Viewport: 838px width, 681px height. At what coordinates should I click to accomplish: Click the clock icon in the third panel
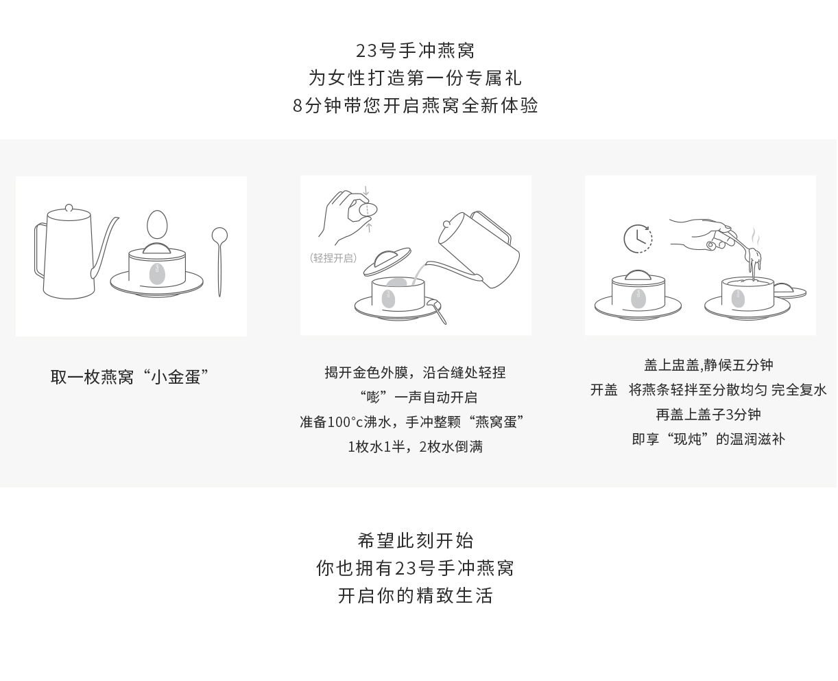coord(637,239)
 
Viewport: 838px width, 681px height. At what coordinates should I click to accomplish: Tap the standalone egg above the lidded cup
coord(157,224)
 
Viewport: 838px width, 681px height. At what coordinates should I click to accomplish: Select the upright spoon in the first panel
coord(219,262)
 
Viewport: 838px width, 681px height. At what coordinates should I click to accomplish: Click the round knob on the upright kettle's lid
coord(69,208)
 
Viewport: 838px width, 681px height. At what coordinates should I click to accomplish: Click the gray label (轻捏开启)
coord(333,258)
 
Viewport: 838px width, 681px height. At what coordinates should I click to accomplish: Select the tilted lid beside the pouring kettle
coord(387,261)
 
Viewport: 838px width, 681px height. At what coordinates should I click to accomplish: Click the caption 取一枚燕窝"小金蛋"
coord(130,377)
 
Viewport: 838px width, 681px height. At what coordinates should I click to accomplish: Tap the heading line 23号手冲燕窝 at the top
coord(416,50)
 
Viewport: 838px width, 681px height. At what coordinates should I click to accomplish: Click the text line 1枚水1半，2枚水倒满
coord(415,447)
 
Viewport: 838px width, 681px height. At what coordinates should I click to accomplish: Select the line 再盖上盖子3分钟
coord(708,415)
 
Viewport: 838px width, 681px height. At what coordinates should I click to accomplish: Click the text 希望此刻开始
coord(416,541)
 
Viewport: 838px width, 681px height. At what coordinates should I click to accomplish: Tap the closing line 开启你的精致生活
coord(416,595)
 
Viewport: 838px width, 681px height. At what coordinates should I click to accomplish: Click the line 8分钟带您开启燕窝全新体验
coord(416,105)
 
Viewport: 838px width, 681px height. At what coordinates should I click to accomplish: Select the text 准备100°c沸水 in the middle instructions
coord(346,422)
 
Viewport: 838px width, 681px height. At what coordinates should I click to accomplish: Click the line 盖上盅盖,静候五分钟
coord(708,365)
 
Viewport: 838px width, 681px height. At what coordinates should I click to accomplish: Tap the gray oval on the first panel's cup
coord(157,273)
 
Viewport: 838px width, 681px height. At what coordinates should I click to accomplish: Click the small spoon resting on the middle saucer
coord(436,311)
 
